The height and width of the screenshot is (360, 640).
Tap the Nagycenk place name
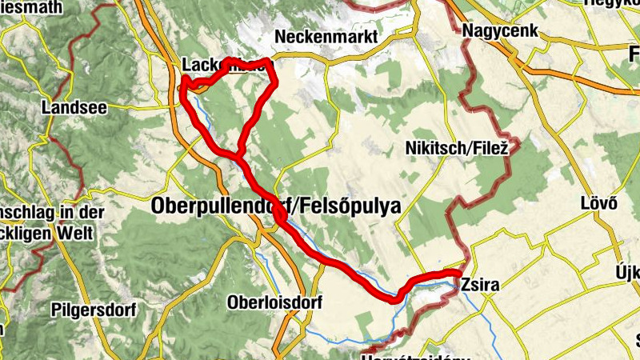click(500, 31)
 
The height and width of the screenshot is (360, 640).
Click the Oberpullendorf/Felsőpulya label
click(275, 206)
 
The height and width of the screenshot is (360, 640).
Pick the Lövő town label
click(598, 203)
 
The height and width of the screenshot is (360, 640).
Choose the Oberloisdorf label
click(274, 303)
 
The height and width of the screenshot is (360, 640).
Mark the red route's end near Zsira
click(457, 274)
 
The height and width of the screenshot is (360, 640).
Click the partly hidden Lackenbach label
click(212, 65)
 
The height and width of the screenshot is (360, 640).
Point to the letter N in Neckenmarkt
click(280, 37)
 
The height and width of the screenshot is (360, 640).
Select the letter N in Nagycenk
click(468, 31)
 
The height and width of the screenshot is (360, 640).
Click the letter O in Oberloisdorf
click(233, 303)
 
